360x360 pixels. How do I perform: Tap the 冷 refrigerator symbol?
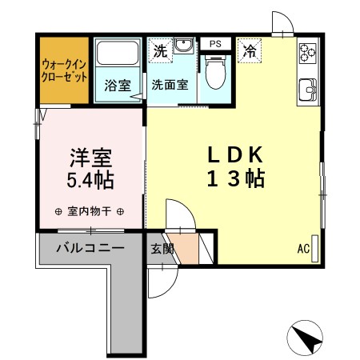(250, 50)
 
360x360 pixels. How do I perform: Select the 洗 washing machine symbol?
(161, 50)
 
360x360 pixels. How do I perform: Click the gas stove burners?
(307, 54)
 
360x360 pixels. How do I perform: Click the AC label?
(303, 249)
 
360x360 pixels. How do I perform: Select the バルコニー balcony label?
(90, 247)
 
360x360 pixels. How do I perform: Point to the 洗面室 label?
(170, 84)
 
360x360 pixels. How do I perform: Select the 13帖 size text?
(236, 179)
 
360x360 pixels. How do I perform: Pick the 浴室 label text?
(118, 85)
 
